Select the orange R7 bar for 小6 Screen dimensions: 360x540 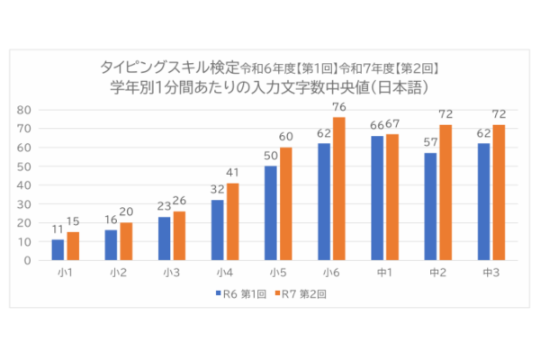click(x=339, y=189)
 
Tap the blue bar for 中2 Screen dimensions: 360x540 click(x=430, y=206)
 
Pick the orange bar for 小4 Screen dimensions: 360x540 click(x=232, y=221)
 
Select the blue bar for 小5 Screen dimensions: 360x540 click(x=270, y=213)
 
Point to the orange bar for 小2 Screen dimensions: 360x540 click(x=125, y=241)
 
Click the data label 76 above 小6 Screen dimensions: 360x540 click(x=339, y=111)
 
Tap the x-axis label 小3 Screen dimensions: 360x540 click(x=170, y=271)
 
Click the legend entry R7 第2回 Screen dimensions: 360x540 click(x=301, y=292)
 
